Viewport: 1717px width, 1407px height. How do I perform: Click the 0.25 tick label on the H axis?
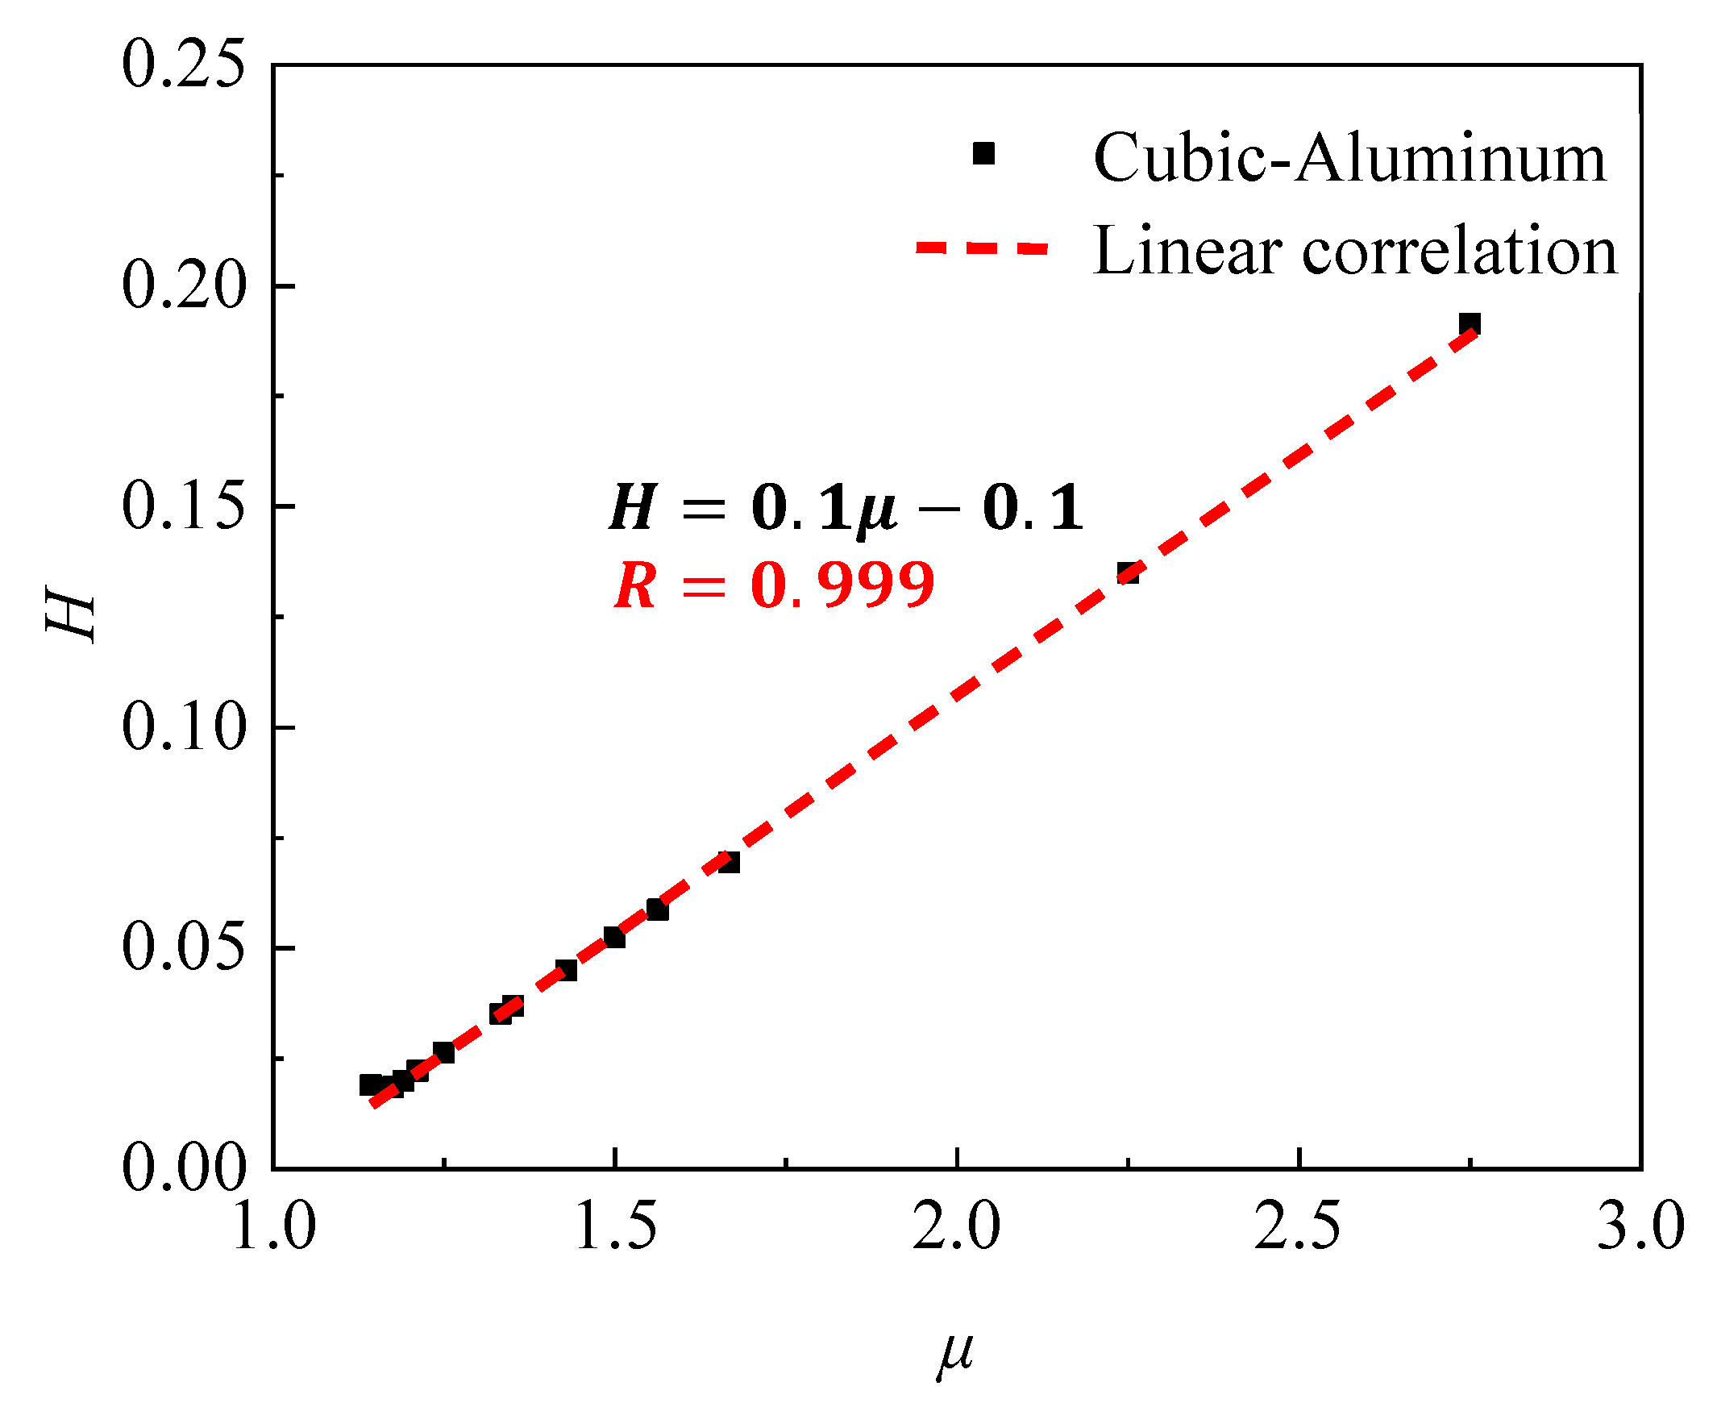pyautogui.click(x=182, y=65)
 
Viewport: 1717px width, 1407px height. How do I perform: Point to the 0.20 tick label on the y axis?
pyautogui.click(x=182, y=286)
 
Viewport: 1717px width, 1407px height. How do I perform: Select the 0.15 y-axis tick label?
pyautogui.click(x=182, y=506)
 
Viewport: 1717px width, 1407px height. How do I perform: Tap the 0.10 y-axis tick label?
pyautogui.click(x=182, y=727)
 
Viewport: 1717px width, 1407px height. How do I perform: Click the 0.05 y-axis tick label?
pyautogui.click(x=182, y=947)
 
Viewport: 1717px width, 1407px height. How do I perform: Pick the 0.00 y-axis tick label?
pyautogui.click(x=182, y=1168)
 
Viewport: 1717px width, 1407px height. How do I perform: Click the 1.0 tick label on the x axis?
pyautogui.click(x=274, y=1226)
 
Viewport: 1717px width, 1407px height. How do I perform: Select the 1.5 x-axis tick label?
pyautogui.click(x=616, y=1226)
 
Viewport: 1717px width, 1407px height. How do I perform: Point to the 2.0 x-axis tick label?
pyautogui.click(x=957, y=1226)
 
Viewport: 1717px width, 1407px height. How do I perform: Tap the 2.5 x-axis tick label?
pyautogui.click(x=1299, y=1226)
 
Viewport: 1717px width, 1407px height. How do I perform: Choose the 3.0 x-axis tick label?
pyautogui.click(x=1640, y=1226)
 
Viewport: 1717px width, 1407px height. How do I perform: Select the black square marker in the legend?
pyautogui.click(x=983, y=153)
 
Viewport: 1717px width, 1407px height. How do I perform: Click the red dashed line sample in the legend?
pyautogui.click(x=982, y=248)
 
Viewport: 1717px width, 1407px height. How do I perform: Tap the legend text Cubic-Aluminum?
pyautogui.click(x=1349, y=158)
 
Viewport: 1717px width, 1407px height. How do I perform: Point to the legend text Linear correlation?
pyautogui.click(x=1355, y=252)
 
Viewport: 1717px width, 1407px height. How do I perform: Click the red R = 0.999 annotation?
pyautogui.click(x=774, y=585)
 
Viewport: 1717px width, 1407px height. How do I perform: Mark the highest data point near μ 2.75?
pyautogui.click(x=1470, y=324)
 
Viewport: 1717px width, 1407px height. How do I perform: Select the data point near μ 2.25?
pyautogui.click(x=1128, y=573)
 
